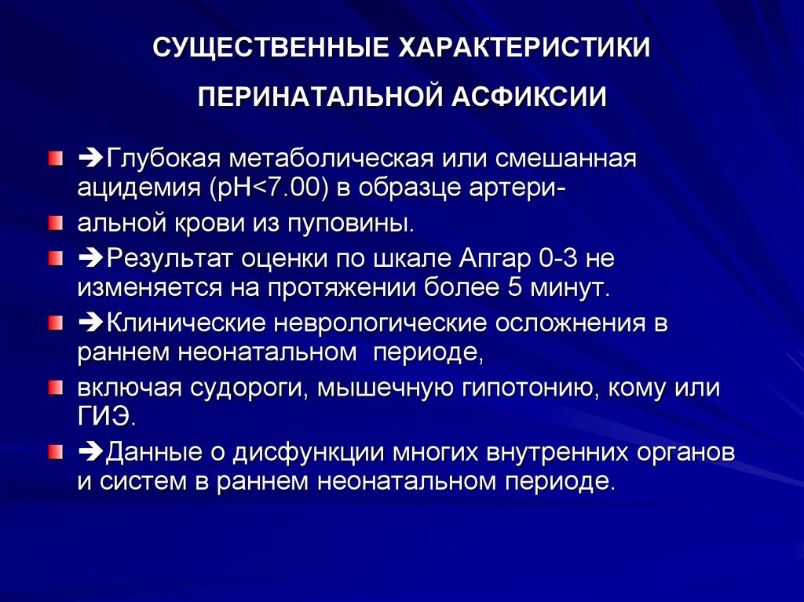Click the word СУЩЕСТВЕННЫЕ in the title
(x=271, y=48)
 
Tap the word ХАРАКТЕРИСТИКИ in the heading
(x=524, y=48)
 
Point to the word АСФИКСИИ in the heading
(x=529, y=97)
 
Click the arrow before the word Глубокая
(x=91, y=159)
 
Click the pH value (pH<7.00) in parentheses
(x=269, y=188)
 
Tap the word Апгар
(x=495, y=258)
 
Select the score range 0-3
(x=558, y=258)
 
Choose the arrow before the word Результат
(x=91, y=259)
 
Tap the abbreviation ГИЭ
(x=107, y=418)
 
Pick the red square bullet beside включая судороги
(x=56, y=388)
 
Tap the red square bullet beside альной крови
(x=56, y=224)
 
